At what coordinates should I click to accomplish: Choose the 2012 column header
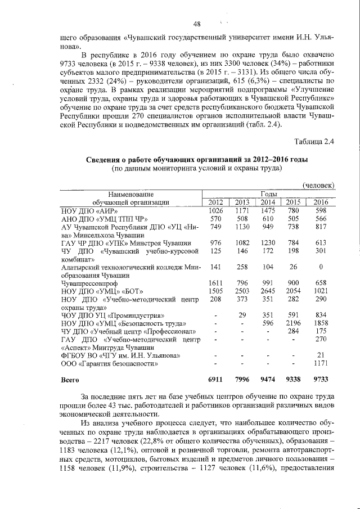tap(215, 202)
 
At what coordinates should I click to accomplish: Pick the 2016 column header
tap(321, 202)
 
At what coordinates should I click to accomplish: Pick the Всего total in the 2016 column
tap(321, 380)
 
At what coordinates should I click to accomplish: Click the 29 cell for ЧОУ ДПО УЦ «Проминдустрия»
tap(242, 316)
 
